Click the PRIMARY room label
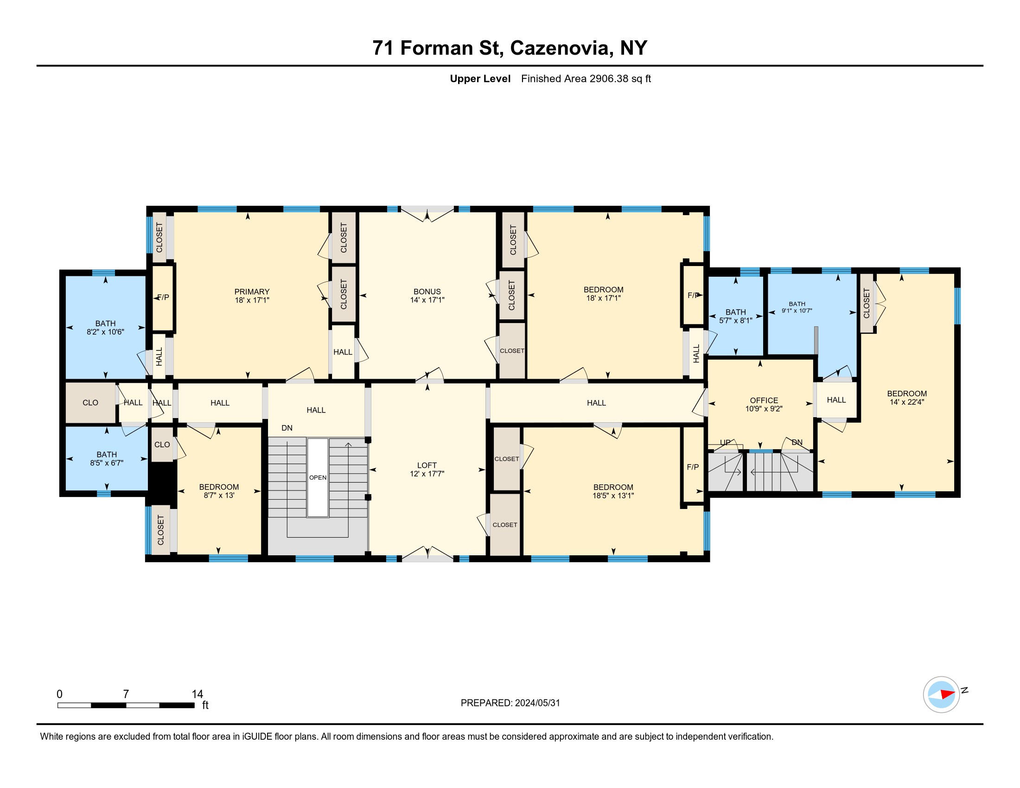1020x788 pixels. (x=252, y=292)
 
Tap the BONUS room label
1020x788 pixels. (x=427, y=292)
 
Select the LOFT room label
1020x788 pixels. (x=427, y=465)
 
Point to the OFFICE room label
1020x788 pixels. (x=764, y=400)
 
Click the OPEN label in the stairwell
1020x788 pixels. (x=318, y=477)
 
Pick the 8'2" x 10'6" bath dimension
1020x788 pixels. (x=106, y=332)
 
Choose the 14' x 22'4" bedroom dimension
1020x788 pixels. (x=907, y=402)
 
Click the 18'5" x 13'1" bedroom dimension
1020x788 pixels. (x=613, y=496)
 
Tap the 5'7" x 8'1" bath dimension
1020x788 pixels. (x=736, y=321)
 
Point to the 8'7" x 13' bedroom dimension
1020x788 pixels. (x=218, y=496)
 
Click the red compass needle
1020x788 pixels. (x=947, y=694)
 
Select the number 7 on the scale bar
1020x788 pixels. (x=126, y=694)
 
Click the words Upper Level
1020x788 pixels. (x=480, y=78)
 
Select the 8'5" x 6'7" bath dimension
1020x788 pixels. (x=107, y=463)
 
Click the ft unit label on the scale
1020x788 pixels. (x=205, y=705)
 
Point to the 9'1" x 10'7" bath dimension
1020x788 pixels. (x=797, y=311)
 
